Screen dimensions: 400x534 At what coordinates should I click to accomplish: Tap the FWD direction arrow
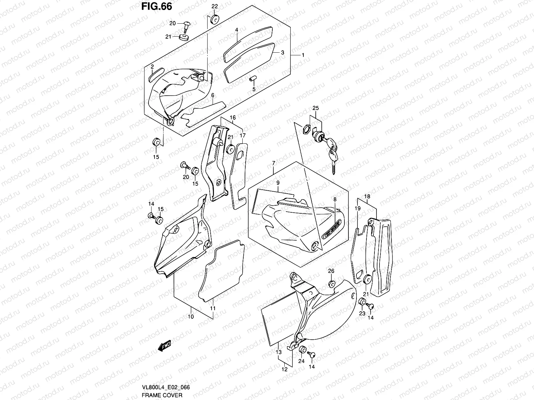click(164, 347)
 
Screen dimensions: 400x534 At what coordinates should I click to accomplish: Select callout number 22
click(214, 7)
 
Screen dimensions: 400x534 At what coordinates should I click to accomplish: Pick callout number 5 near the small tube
click(254, 89)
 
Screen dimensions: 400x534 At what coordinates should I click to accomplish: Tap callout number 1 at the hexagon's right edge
click(303, 55)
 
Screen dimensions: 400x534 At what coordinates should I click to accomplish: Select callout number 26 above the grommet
click(331, 271)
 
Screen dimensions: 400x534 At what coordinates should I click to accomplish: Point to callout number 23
click(362, 314)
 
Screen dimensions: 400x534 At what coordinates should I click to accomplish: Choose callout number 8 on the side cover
click(335, 199)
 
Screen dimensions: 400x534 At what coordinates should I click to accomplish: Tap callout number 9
click(278, 183)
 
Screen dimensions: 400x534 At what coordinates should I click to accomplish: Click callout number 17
click(243, 135)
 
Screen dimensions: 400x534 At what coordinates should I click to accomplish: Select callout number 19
click(357, 208)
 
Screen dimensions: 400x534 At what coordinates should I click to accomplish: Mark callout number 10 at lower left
click(191, 316)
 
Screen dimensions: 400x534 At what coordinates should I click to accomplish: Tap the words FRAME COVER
click(162, 395)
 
